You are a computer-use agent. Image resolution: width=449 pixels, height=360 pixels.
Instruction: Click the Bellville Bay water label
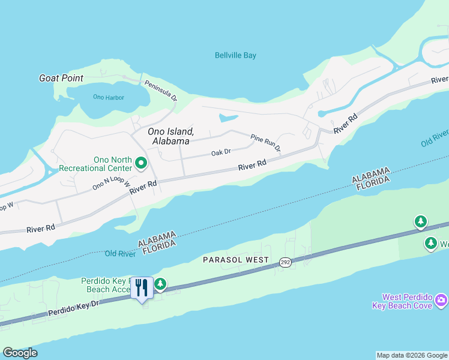pos(235,56)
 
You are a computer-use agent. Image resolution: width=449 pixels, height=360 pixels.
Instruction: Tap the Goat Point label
pos(61,78)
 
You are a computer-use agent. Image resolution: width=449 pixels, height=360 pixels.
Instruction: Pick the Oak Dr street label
pos(221,153)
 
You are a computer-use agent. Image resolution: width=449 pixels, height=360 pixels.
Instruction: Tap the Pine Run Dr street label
pos(265,142)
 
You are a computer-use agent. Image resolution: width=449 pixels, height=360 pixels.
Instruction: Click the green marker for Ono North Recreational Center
pos(142,163)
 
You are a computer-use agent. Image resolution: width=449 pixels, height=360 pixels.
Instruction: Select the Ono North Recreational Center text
pos(113,164)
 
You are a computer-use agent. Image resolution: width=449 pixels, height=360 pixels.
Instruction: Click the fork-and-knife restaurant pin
pos(142,288)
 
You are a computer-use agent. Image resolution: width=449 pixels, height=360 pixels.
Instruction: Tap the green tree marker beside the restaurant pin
pos(160,284)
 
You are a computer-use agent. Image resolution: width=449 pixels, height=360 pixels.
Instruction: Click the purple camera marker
pos(441,299)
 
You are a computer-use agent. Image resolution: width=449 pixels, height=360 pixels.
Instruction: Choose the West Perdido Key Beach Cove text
pos(408,302)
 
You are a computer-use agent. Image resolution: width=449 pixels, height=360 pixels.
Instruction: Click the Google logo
pos(20,353)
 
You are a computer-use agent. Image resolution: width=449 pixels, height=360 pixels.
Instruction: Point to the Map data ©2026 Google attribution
pos(412,355)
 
